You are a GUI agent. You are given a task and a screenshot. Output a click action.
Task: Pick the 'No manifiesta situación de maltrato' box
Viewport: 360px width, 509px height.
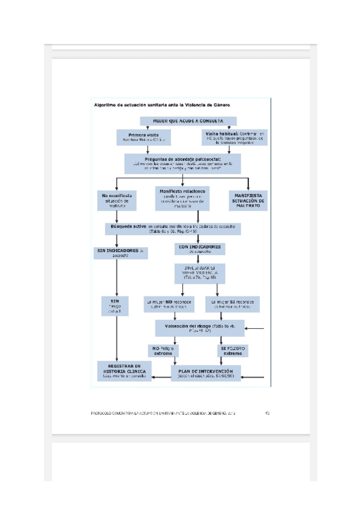[x=118, y=200]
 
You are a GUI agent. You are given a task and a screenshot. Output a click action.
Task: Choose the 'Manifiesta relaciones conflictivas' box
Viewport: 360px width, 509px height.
[x=182, y=199]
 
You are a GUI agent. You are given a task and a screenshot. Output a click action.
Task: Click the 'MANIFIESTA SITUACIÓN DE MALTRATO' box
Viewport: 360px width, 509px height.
[x=248, y=200]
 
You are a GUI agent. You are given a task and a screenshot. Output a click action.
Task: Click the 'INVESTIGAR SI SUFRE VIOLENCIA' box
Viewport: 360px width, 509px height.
[x=200, y=273]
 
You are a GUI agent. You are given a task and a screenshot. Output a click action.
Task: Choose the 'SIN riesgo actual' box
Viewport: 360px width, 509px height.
[x=115, y=306]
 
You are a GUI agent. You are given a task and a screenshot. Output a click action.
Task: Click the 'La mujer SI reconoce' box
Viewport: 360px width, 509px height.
[x=233, y=304]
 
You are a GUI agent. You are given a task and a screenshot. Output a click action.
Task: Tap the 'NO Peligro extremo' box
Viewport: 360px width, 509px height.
[x=163, y=351]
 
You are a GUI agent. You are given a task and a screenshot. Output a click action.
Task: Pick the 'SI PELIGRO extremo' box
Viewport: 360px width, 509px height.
[x=233, y=351]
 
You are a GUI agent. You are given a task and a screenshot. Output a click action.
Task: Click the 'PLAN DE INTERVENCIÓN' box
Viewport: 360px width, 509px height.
[x=206, y=373]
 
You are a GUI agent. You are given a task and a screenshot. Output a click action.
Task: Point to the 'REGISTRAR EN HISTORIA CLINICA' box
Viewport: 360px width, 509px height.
[x=124, y=372]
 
